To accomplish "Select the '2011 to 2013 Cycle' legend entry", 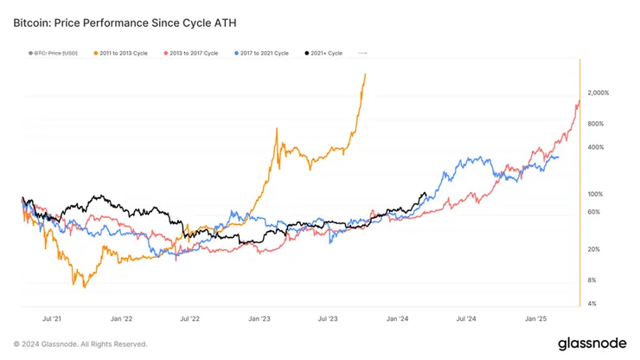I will pyautogui.click(x=120, y=53).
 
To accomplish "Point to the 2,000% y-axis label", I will pyautogui.click(x=598, y=93).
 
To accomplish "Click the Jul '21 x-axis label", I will pyautogui.click(x=53, y=318).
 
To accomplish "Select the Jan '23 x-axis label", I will pyautogui.click(x=259, y=318).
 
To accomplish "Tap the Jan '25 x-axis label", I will pyautogui.click(x=536, y=318).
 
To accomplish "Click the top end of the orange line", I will pyautogui.click(x=366, y=74).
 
